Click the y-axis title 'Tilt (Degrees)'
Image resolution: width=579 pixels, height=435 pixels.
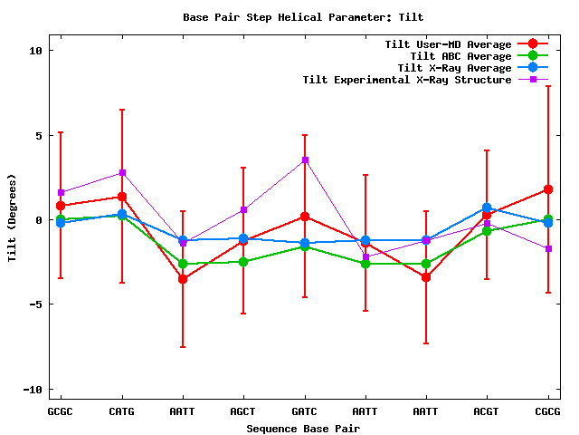click(x=13, y=219)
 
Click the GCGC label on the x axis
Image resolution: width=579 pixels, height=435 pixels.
click(x=61, y=411)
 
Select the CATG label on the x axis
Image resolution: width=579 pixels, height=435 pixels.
click(x=121, y=411)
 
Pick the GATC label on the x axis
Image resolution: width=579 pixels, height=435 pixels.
click(x=305, y=411)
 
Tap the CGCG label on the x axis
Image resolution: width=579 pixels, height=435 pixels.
click(x=548, y=411)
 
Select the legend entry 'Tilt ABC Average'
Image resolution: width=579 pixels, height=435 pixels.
click(x=460, y=56)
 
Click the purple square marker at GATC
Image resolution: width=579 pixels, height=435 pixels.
click(x=305, y=160)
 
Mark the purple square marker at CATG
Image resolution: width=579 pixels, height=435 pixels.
click(x=121, y=172)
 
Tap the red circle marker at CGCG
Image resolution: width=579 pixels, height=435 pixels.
click(x=548, y=189)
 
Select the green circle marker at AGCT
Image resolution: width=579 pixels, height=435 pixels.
click(x=243, y=262)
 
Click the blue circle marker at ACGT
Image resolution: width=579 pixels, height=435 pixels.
click(x=487, y=208)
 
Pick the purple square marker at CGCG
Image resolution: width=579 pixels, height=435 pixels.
click(x=548, y=248)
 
